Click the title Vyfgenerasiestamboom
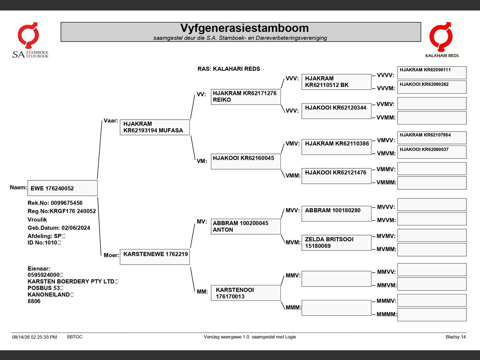click(x=244, y=28)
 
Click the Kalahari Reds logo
click(x=441, y=40)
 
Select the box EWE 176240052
click(x=63, y=188)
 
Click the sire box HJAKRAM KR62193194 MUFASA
click(x=155, y=127)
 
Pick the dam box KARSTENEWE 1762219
click(x=155, y=257)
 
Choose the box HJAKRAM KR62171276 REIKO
click(x=246, y=97)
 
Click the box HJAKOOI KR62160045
click(x=246, y=162)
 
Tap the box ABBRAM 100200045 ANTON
click(x=246, y=226)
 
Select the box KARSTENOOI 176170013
click(x=246, y=293)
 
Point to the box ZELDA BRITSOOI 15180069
click(x=336, y=243)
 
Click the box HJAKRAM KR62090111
click(x=432, y=73)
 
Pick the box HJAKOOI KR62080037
click(x=432, y=152)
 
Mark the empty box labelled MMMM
click(x=432, y=315)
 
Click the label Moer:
click(x=111, y=255)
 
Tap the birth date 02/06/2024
click(x=76, y=228)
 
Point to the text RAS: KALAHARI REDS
click(x=229, y=69)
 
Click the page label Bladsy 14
click(x=456, y=337)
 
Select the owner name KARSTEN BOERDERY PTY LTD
click(x=71, y=281)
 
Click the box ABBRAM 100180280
click(x=336, y=213)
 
